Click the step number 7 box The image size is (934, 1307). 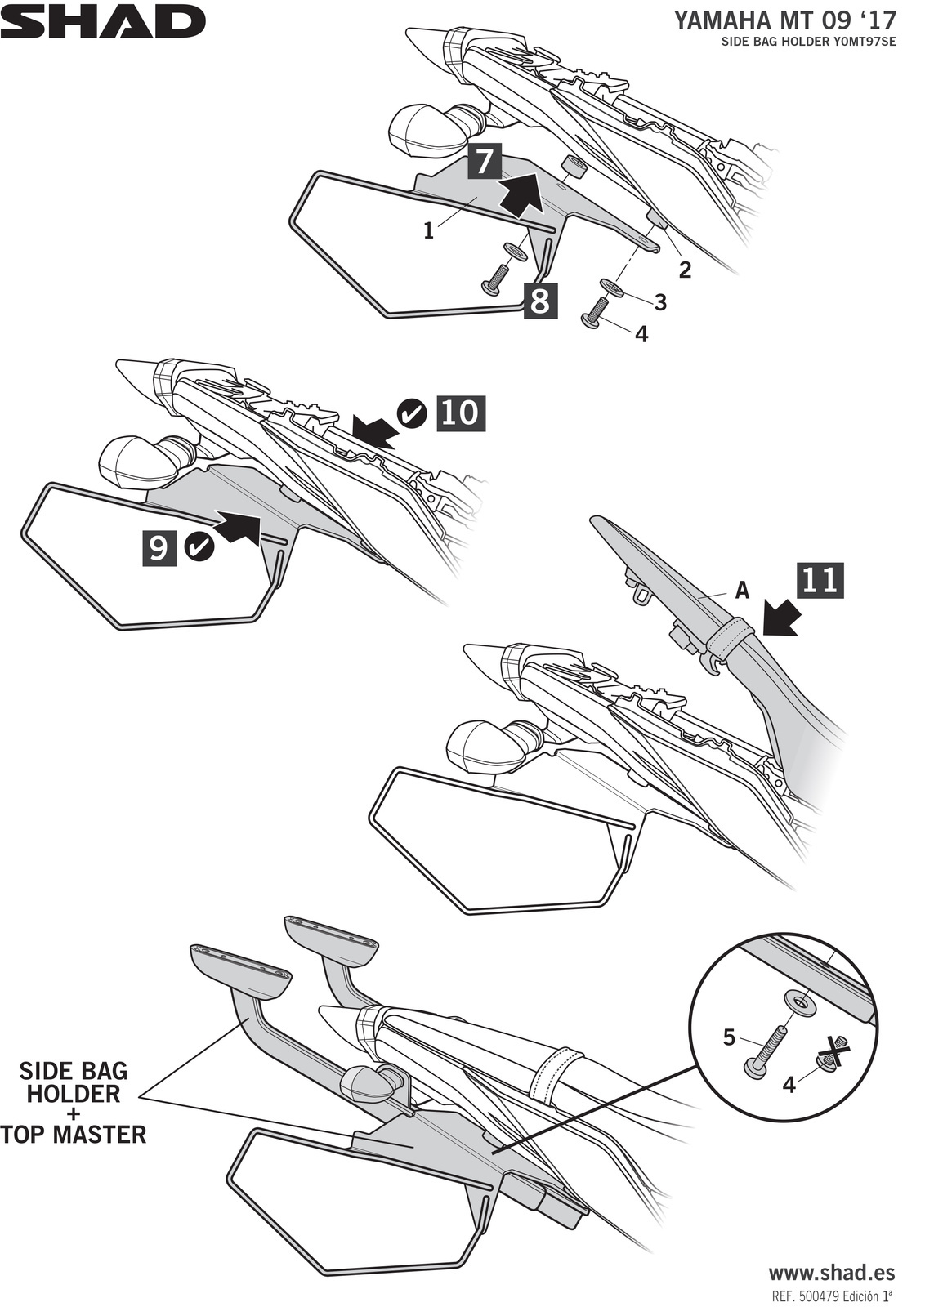[x=484, y=162]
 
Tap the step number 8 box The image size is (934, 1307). [x=540, y=301]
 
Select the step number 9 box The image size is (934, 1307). [x=159, y=548]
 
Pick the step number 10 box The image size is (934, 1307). [x=461, y=413]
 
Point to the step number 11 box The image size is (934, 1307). [x=820, y=580]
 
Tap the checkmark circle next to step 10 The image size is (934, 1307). [x=412, y=413]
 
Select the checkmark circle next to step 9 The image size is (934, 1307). [x=199, y=547]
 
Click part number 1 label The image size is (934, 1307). [x=429, y=231]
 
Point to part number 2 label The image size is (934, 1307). [x=685, y=269]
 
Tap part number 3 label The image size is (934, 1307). [x=660, y=302]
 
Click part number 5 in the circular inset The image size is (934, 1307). [x=729, y=1037]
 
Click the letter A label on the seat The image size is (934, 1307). [x=742, y=591]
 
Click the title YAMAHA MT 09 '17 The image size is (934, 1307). [x=784, y=21]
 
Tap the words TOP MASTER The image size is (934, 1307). [x=74, y=1135]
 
